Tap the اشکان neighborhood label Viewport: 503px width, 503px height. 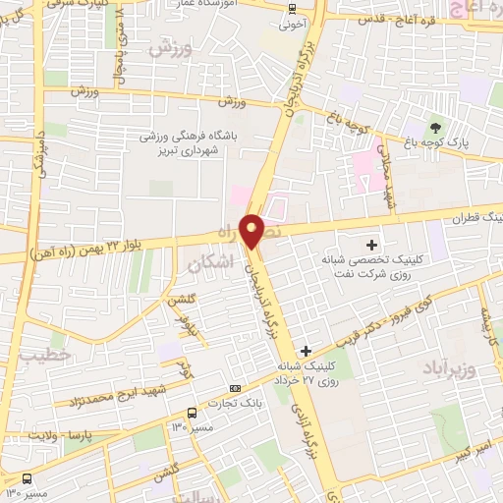click(x=210, y=263)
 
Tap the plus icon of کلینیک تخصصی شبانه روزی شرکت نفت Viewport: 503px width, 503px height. click(x=371, y=244)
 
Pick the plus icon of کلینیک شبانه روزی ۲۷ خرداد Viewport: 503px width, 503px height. click(x=306, y=350)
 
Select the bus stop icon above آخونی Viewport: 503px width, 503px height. click(x=291, y=10)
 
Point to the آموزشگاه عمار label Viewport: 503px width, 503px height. click(x=228, y=6)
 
